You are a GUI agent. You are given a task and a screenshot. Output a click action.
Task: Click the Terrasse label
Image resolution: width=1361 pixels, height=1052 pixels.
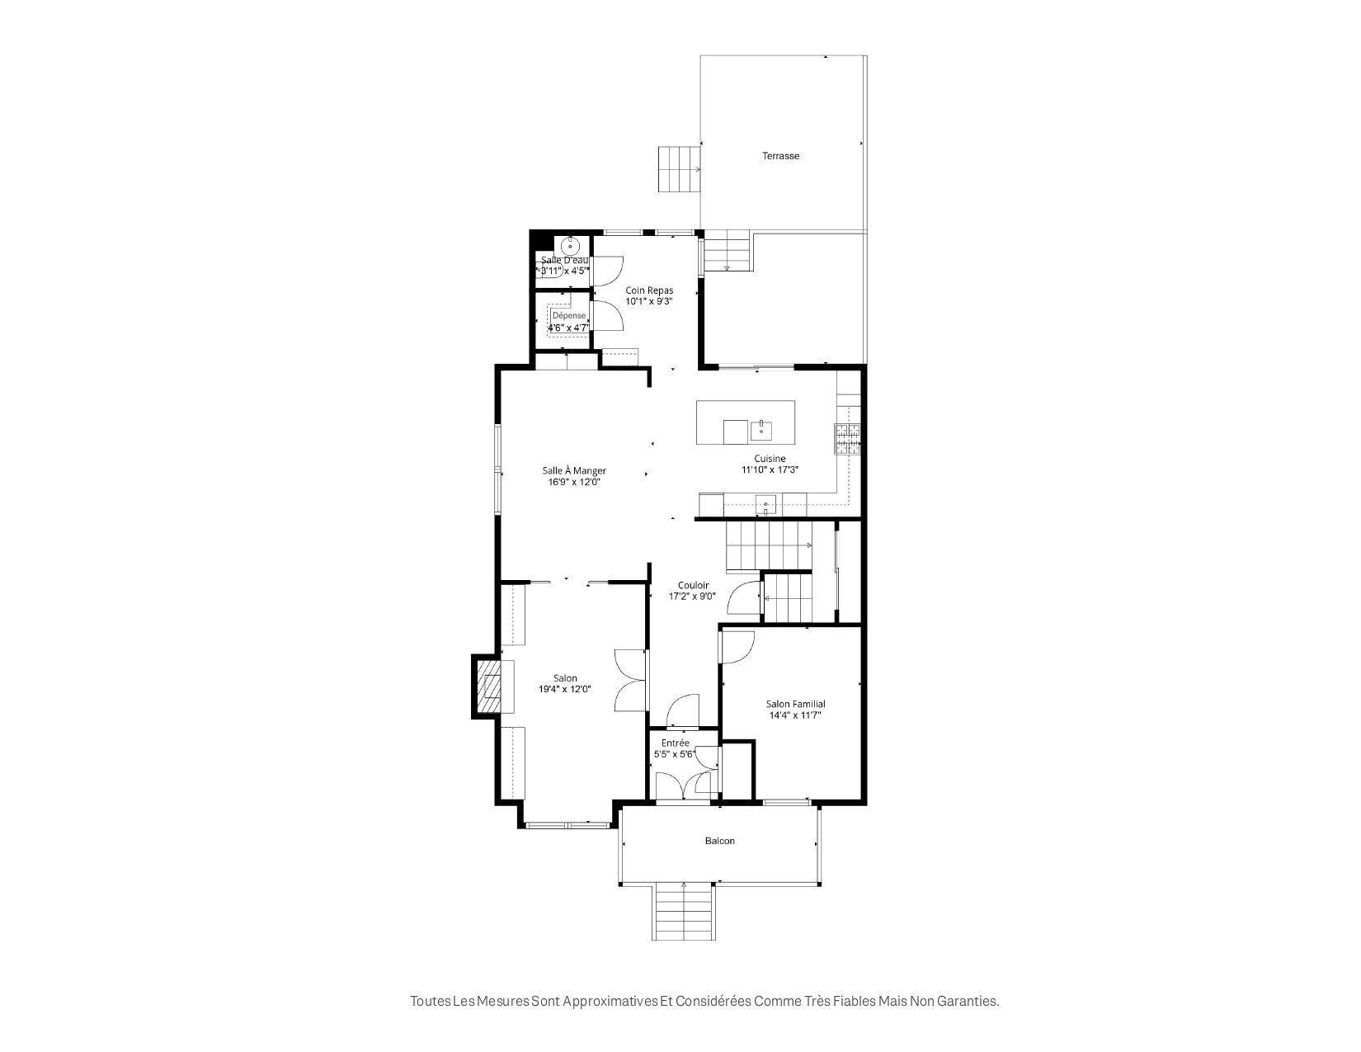(780, 156)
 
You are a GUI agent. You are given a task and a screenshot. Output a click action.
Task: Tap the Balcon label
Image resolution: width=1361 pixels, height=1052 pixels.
(719, 841)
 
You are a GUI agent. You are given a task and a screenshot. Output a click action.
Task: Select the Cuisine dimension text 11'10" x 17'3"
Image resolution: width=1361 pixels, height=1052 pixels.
(770, 470)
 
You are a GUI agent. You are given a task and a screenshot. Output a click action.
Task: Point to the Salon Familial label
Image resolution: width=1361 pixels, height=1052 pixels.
(795, 705)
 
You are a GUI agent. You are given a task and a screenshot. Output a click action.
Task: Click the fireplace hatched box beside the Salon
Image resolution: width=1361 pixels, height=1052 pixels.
(490, 686)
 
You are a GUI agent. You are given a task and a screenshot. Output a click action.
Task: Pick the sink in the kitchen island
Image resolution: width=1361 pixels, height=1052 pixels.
(761, 431)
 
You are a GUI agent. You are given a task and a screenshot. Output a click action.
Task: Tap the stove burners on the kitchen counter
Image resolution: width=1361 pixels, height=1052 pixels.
(847, 439)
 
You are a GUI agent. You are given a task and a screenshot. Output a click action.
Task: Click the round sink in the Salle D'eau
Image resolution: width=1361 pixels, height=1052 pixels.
(571, 245)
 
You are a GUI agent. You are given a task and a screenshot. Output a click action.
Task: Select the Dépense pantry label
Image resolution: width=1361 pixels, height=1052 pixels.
(568, 316)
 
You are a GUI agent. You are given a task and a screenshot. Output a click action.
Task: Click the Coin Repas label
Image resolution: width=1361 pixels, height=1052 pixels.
(649, 290)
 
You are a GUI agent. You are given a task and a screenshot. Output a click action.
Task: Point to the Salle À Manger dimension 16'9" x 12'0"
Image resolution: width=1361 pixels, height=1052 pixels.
(574, 483)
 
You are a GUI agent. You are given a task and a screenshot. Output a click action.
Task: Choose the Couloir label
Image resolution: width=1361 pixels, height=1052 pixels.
(694, 586)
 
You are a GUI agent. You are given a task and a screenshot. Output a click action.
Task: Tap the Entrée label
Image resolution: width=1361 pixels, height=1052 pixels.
(676, 743)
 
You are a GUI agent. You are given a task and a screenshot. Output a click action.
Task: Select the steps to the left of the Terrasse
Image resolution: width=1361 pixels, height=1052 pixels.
(679, 169)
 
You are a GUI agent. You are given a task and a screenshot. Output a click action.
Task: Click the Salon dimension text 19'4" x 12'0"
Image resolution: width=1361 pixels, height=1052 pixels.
(565, 690)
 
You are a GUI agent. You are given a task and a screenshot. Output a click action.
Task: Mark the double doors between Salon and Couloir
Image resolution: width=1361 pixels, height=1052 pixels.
(631, 681)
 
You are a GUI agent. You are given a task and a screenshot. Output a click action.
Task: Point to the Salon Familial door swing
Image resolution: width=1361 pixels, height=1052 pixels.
(737, 647)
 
